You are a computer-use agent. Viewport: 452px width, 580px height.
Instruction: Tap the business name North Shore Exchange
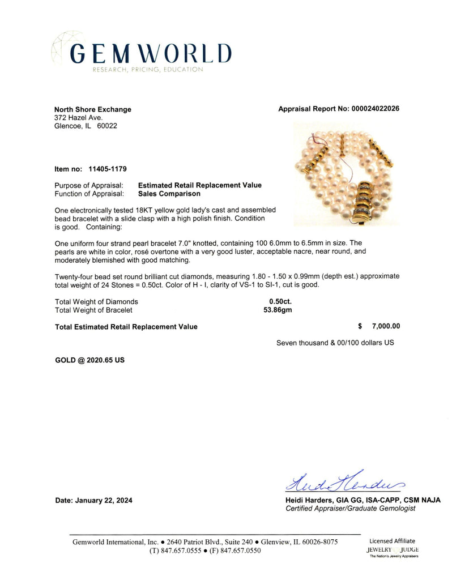pos(92,109)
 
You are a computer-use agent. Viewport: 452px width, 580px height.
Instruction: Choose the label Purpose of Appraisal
pos(89,185)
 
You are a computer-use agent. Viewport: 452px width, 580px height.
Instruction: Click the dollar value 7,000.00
pos(385,326)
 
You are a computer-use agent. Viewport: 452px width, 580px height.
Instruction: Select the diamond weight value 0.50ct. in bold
pos(280,302)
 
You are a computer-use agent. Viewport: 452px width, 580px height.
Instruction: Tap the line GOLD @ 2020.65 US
pos(89,360)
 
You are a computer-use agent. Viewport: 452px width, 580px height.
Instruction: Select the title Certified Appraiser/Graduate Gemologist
pos(350,509)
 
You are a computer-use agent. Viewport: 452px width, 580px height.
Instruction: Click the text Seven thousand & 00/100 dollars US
pos(335,343)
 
